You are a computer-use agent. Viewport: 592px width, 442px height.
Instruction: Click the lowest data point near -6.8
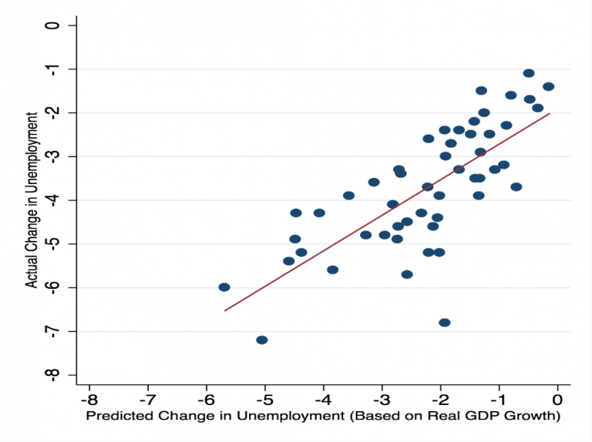coord(445,323)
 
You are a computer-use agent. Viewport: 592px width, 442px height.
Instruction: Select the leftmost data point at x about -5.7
coord(224,287)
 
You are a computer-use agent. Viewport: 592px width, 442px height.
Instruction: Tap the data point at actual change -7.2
coord(262,340)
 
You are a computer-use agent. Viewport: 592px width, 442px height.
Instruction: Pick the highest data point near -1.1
coord(529,73)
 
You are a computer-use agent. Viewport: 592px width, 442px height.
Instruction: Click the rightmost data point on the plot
coord(549,87)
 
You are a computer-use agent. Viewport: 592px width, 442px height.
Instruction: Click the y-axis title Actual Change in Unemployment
coord(32,200)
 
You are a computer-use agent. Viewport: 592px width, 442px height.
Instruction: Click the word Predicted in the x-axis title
coord(116,417)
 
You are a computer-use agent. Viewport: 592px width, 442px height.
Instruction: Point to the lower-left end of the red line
coord(224,310)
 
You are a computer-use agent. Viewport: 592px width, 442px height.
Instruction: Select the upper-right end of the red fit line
coord(550,113)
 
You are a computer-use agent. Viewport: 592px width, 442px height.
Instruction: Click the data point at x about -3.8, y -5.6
coord(333,270)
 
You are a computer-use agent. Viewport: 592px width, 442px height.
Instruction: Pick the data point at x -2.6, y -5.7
coord(407,274)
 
